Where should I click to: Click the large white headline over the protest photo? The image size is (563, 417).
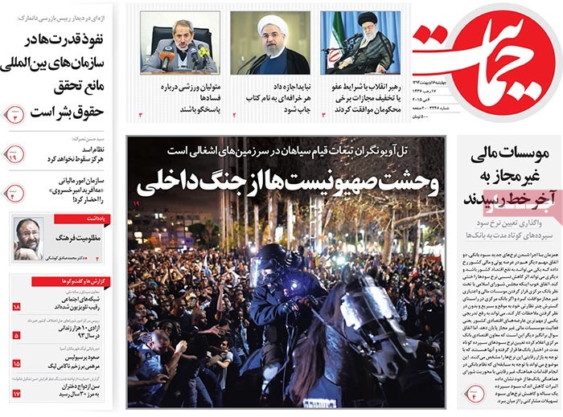(x=287, y=184)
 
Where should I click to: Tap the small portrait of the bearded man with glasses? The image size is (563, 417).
(x=28, y=239)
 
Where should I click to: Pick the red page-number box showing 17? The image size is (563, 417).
(x=16, y=393)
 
